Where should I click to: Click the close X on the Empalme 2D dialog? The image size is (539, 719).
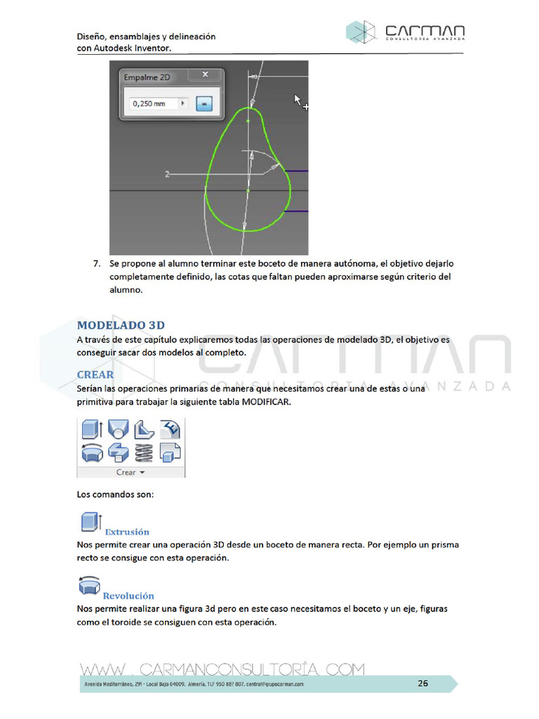point(205,74)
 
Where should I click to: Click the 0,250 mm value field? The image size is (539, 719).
point(154,103)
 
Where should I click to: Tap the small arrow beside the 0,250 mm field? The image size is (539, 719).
point(182,103)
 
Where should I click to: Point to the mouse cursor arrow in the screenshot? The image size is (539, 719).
point(298,100)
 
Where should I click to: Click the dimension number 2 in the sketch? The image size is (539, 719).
point(167,173)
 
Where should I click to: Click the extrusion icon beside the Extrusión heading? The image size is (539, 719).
point(88,523)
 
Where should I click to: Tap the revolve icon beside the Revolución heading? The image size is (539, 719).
point(88,587)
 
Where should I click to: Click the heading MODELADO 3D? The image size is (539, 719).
point(121,325)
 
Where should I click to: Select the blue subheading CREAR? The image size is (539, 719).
point(95,375)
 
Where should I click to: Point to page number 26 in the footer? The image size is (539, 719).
point(422,683)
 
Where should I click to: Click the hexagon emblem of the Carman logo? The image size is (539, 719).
point(361,32)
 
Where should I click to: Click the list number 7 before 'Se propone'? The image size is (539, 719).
point(96,264)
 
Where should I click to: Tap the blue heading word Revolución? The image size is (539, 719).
point(128,596)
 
